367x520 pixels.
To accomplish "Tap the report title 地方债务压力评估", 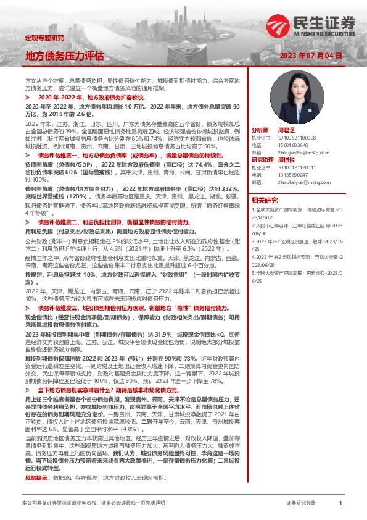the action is [64, 56].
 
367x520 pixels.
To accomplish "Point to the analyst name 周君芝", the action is [287, 131].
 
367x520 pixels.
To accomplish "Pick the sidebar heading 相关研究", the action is [265, 200].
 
